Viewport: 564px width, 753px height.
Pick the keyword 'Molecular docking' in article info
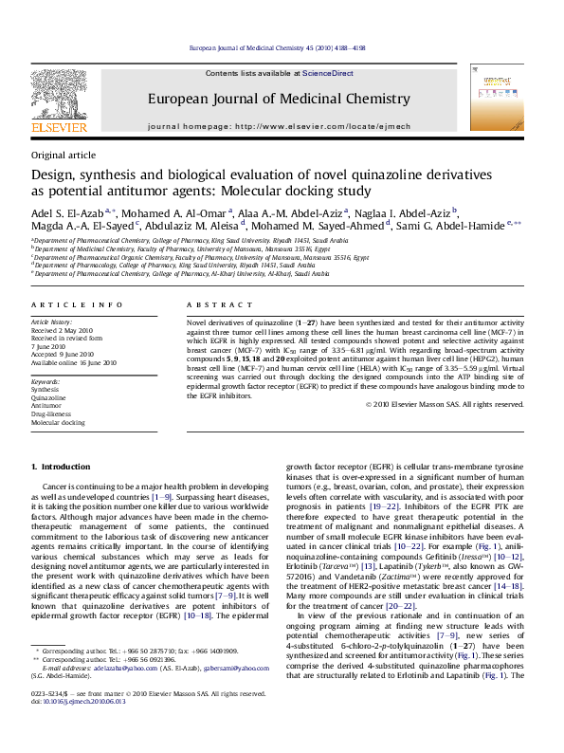click(58, 421)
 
